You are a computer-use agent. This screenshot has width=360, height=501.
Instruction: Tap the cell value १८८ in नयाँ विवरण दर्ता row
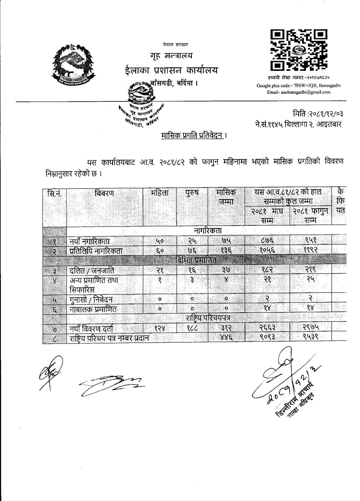[191, 328]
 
